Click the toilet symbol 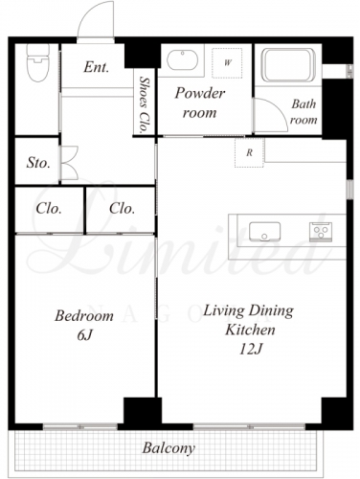point(38,62)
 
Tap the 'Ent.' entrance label point(97,67)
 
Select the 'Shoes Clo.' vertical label point(145,104)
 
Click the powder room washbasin point(182,59)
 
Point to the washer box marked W point(227,62)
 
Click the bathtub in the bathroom point(288,65)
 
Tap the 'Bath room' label point(304,112)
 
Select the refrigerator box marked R point(249,152)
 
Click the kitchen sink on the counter point(264,232)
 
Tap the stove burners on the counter point(321,232)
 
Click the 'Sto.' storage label point(38,163)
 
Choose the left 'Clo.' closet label point(49,209)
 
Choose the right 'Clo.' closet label point(122,209)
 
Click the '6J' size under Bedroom point(84,335)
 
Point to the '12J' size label point(250,350)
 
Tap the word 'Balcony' point(169,448)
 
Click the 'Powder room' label point(200,103)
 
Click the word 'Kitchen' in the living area point(250,330)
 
